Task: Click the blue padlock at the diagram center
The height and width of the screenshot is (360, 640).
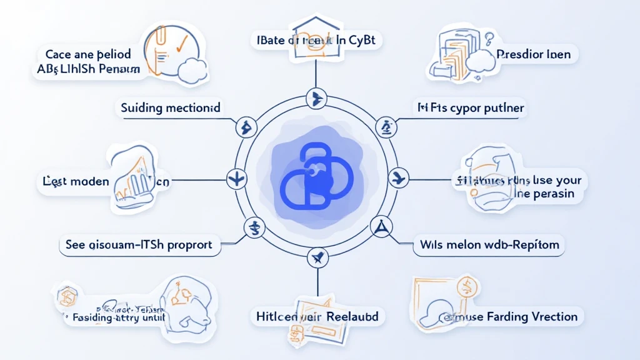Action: (316, 178)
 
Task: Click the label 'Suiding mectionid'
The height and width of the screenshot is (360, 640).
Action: (171, 108)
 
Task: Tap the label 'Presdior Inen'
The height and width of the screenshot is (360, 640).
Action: (533, 54)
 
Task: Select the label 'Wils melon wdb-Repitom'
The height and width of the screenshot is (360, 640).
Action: (489, 245)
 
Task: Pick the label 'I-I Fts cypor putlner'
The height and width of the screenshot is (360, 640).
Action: (471, 108)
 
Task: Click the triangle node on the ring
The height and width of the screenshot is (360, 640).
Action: (379, 226)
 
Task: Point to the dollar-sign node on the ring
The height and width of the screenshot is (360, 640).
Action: (254, 226)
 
